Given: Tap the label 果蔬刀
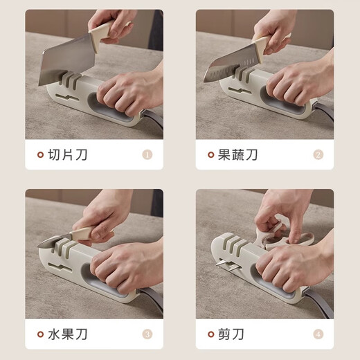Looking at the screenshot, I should point(238,154).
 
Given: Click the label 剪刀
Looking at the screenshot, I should point(232,334).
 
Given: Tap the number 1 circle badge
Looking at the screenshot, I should point(147,154).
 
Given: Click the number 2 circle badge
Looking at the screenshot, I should point(318,154).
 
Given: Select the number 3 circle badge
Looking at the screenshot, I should point(147,334).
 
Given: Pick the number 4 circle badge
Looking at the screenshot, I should point(318,334).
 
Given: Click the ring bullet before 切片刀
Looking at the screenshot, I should point(40,154).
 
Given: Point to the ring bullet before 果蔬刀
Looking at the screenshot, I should point(210,154).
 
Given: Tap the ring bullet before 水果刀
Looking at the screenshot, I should point(40,334).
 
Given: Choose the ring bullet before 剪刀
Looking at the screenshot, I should point(210,334).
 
